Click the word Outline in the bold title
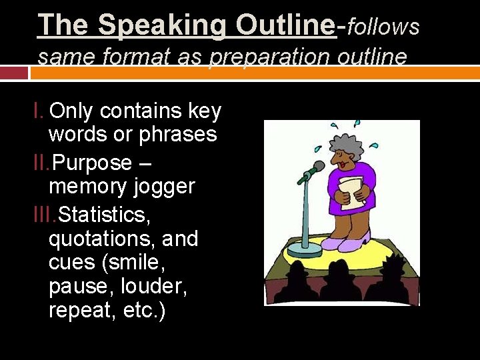285,25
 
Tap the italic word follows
383,27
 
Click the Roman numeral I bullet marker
39,111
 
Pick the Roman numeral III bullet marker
44,215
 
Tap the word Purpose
92,163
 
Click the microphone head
318,167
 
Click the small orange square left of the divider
13,73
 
